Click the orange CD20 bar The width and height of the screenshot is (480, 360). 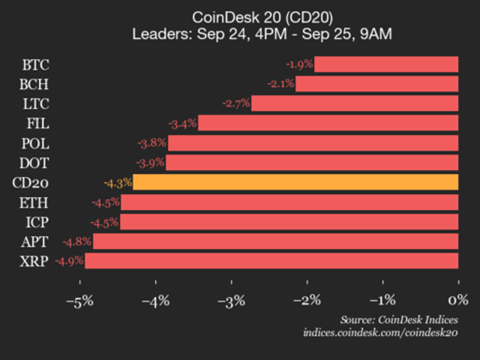point(295,182)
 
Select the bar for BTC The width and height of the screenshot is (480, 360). point(386,64)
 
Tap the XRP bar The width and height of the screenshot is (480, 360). point(271,261)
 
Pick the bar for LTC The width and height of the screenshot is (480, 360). point(355,103)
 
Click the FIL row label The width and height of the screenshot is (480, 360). point(38,124)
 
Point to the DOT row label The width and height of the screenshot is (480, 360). point(34,163)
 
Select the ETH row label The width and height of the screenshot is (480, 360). point(34,203)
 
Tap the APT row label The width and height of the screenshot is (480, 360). point(35,242)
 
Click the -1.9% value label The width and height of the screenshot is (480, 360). point(299,64)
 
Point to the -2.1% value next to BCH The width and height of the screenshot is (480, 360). point(281,84)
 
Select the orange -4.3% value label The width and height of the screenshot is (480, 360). point(118,183)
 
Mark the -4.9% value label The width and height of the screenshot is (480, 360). point(69,261)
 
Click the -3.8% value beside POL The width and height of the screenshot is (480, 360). point(152,143)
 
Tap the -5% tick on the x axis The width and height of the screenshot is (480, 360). point(80,301)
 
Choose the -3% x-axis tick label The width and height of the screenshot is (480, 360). point(231,301)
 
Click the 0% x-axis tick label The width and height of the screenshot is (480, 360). point(458,300)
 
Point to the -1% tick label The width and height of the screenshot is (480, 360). point(382,301)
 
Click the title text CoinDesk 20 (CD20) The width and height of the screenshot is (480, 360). point(262,18)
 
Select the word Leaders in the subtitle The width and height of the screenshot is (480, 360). point(161,34)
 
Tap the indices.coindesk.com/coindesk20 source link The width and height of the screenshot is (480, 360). point(380,332)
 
